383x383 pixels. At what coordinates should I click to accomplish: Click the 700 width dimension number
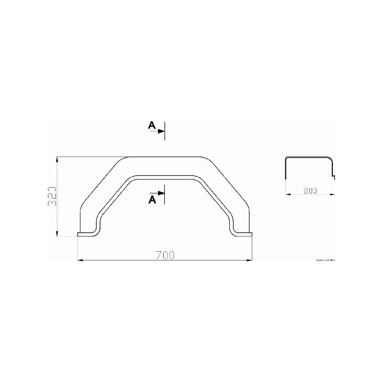(165, 255)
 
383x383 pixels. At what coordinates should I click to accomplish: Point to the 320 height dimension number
(53, 196)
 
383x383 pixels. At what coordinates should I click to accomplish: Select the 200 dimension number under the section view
(311, 190)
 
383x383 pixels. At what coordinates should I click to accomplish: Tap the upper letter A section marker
(152, 125)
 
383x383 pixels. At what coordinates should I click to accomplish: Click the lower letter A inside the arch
(152, 200)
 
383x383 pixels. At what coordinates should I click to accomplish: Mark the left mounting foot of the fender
(86, 234)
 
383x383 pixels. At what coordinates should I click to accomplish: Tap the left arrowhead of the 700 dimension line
(80, 260)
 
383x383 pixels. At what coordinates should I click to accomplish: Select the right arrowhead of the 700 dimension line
(249, 260)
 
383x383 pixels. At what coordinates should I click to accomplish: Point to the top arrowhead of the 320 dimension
(57, 159)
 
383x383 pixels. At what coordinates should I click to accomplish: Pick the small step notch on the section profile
(334, 177)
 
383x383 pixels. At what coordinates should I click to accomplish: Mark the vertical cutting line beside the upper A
(165, 130)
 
